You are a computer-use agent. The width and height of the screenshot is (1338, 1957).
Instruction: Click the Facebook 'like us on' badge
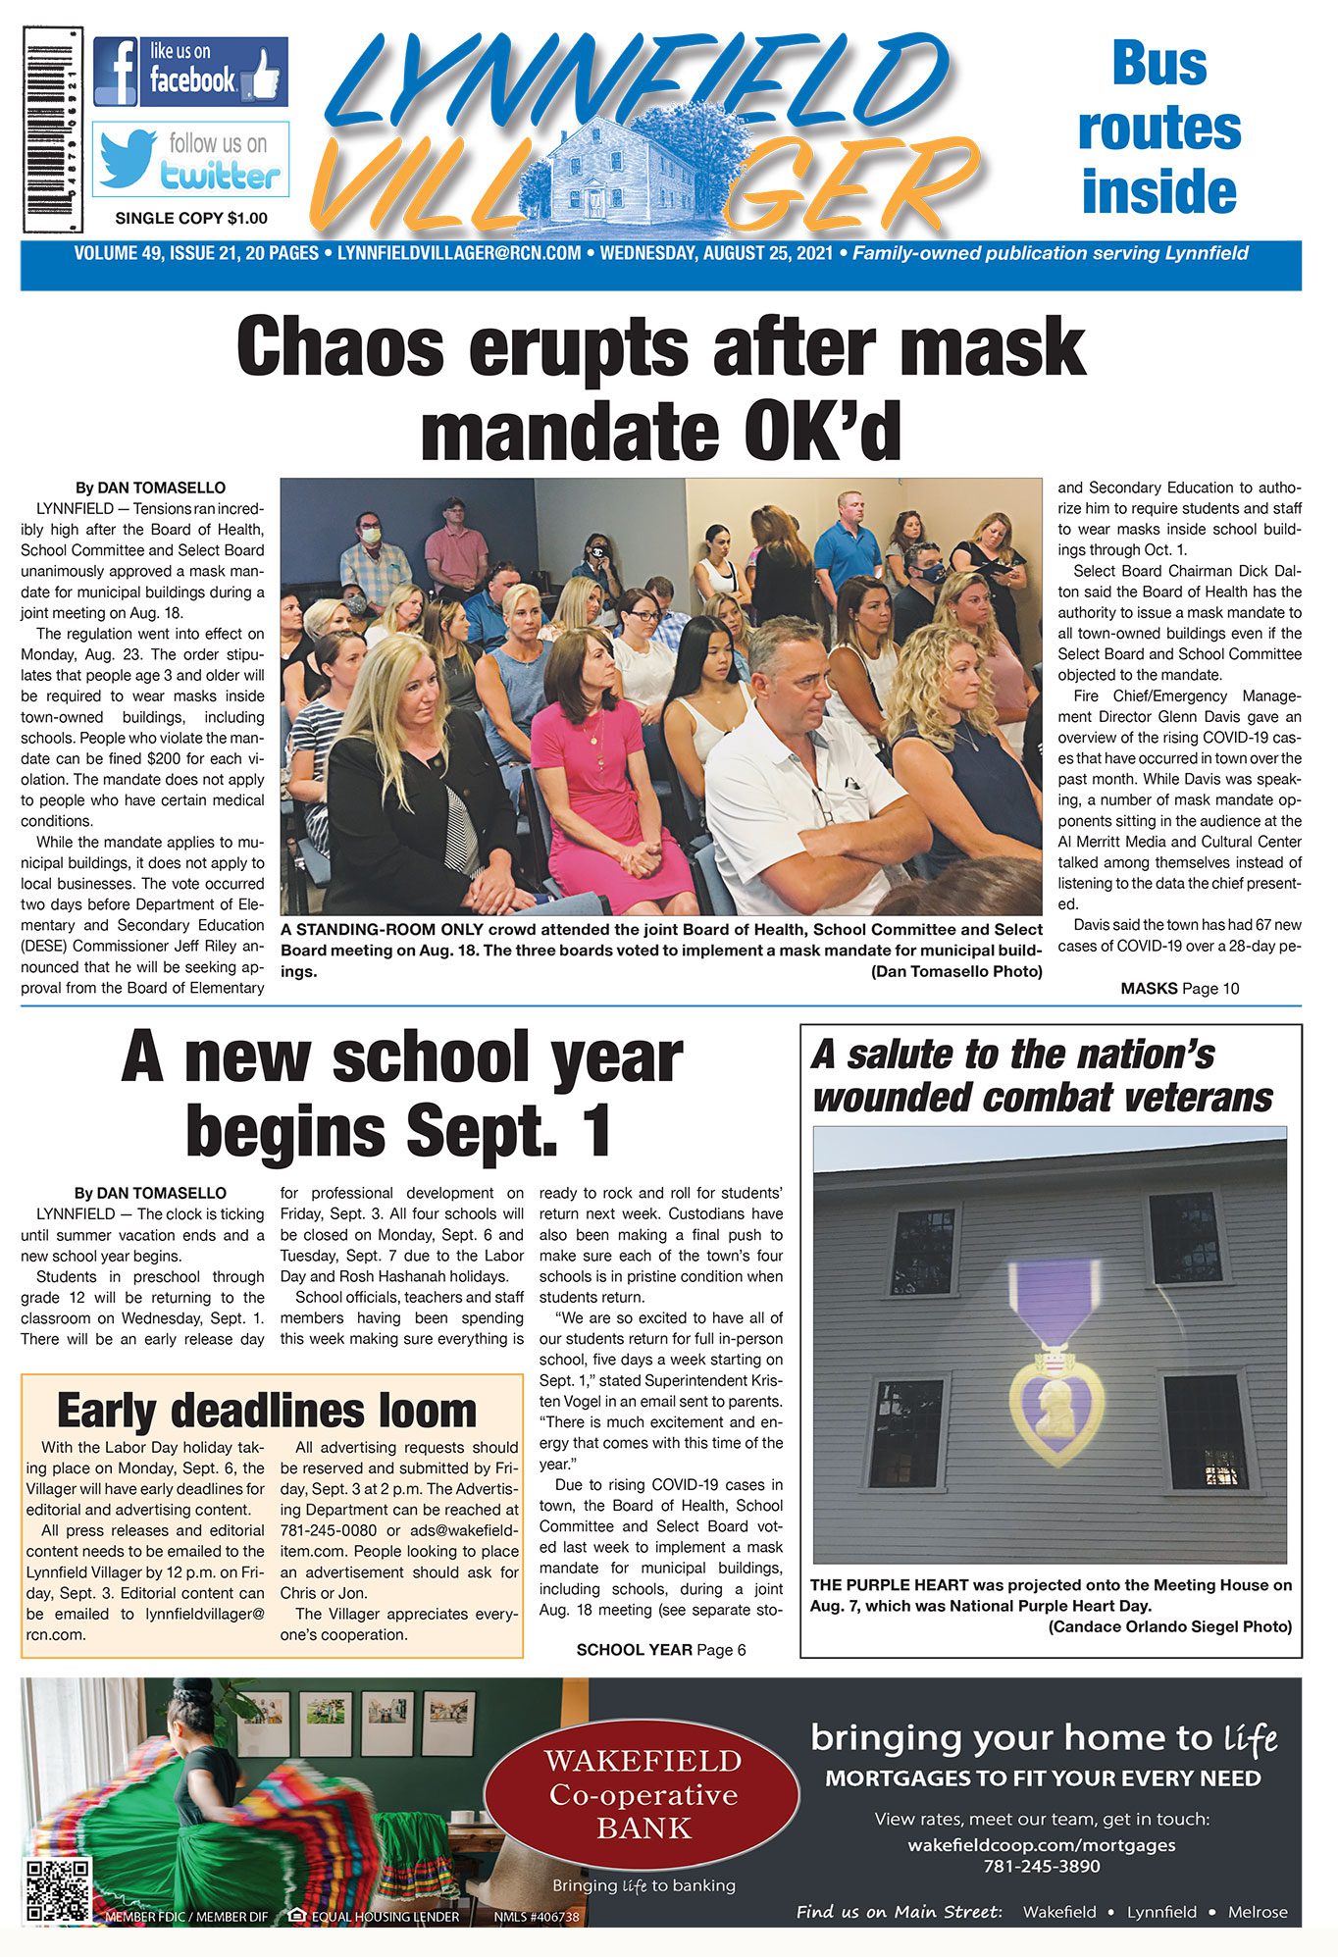190,72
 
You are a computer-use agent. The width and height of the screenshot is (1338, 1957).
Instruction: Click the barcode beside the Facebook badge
53,129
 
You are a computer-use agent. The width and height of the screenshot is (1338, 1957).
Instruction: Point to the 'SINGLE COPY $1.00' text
191,218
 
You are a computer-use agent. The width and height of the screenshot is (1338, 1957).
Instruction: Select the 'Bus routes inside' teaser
1158,128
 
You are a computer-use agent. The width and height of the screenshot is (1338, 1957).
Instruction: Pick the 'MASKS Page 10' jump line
1179,989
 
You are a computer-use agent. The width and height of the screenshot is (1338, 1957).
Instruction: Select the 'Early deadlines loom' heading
267,1411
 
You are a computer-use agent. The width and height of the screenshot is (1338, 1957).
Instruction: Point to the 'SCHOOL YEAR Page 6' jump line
661,1650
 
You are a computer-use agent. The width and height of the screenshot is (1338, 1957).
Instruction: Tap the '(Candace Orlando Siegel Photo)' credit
1169,1626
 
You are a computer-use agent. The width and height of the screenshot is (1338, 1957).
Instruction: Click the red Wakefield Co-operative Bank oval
643,1794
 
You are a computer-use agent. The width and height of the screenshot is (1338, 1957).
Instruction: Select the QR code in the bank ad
58,1889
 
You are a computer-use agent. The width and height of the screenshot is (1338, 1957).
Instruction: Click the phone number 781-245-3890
1042,1866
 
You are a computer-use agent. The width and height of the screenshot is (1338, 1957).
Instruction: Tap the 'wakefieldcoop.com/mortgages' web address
1042,1844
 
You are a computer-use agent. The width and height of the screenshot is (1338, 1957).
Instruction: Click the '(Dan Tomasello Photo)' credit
956,971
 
